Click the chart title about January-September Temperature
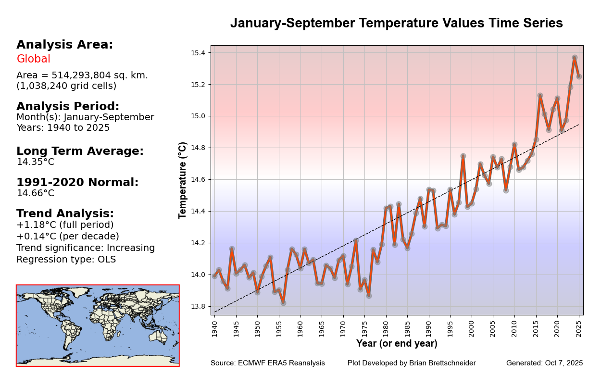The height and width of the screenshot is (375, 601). (x=396, y=24)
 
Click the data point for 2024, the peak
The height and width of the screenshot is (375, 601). (x=575, y=58)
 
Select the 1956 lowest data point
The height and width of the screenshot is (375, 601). (x=283, y=303)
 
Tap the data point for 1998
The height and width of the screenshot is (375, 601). (x=463, y=156)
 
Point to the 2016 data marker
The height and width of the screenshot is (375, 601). (x=540, y=96)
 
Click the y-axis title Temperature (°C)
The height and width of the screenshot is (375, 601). (x=183, y=180)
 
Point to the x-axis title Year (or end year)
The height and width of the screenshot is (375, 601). (x=397, y=344)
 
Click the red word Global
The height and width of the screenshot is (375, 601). (x=33, y=59)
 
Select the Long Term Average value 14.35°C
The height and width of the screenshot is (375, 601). (x=35, y=162)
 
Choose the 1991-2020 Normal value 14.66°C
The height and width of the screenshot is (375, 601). (x=35, y=193)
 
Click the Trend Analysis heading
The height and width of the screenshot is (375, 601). (x=65, y=213)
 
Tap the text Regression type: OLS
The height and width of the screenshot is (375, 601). (x=66, y=260)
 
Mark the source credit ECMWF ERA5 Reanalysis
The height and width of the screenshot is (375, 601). (x=281, y=363)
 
